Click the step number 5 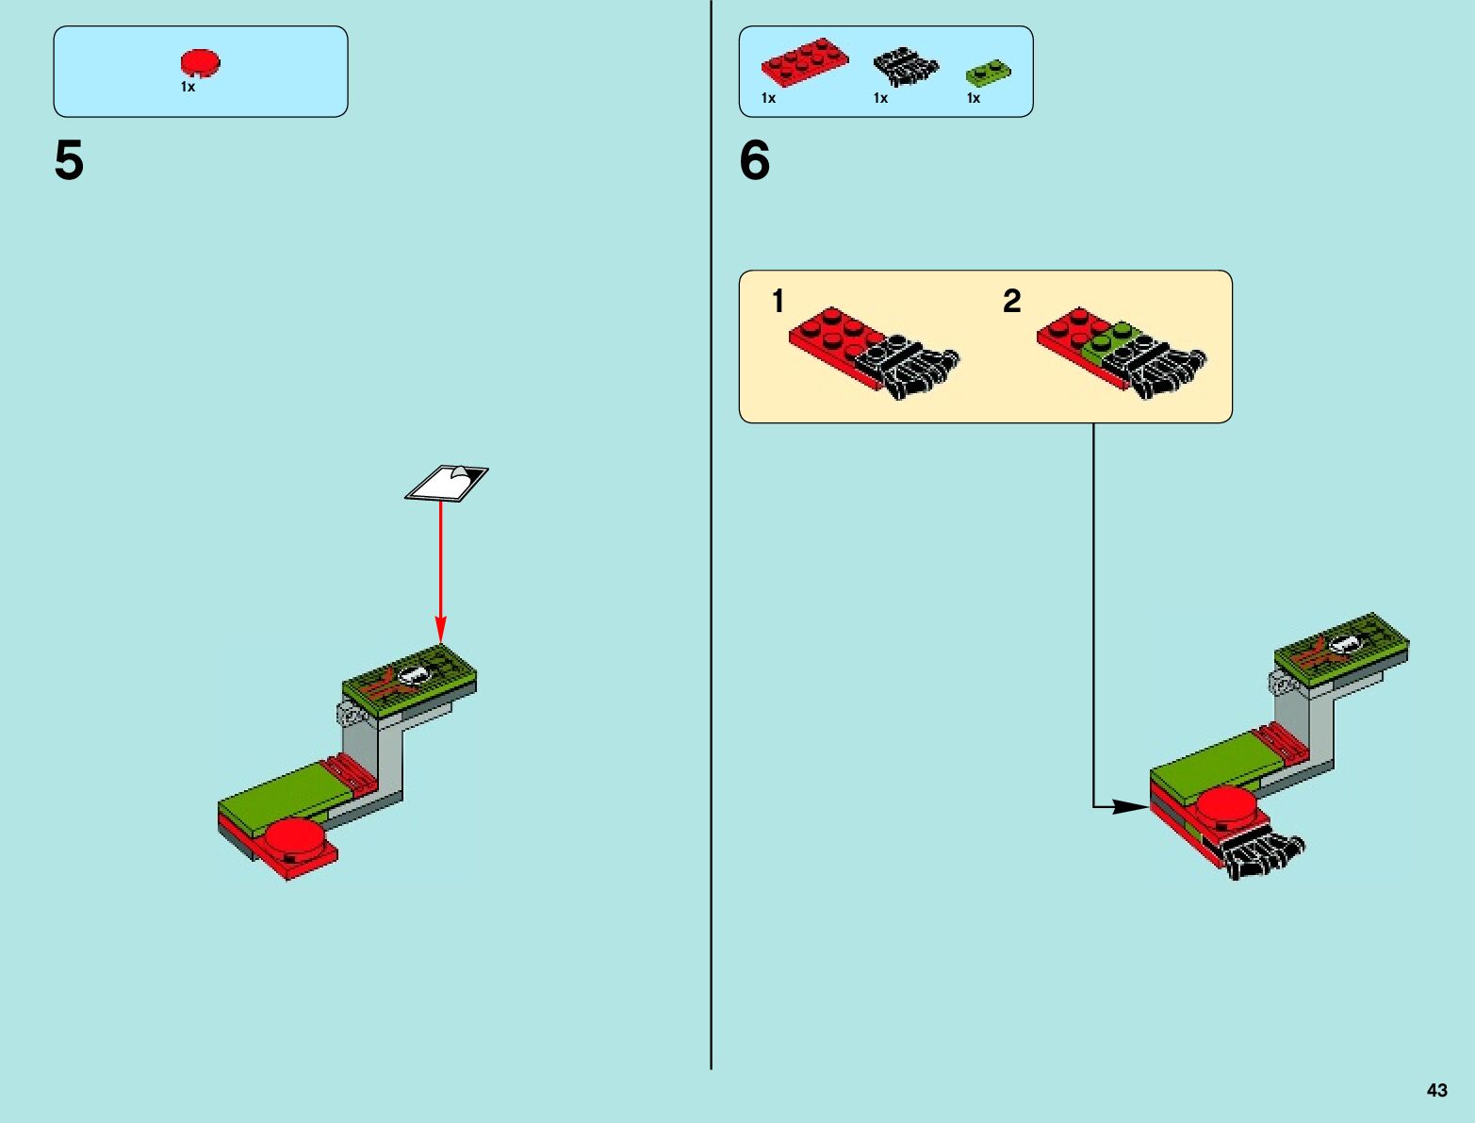click(69, 160)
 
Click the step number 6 click(754, 160)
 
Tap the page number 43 click(1436, 1090)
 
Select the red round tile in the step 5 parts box click(200, 63)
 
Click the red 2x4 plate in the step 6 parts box click(804, 63)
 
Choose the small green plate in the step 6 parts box click(988, 71)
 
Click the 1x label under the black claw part click(880, 98)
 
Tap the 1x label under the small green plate click(974, 98)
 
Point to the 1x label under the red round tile click(188, 87)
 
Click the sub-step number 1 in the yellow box click(778, 301)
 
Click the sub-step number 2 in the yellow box click(1011, 301)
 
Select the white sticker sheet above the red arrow click(447, 483)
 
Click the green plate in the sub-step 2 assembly click(1112, 341)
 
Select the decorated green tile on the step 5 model click(409, 677)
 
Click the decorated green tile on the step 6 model click(1341, 646)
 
